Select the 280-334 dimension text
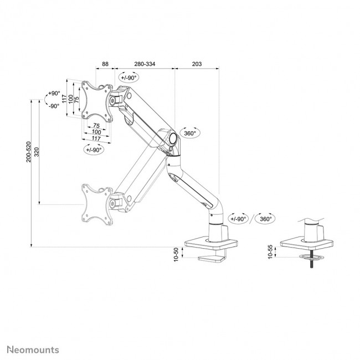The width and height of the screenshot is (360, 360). [x=144, y=64]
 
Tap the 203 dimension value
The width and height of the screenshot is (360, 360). [x=196, y=64]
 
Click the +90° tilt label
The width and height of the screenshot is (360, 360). [x=54, y=94]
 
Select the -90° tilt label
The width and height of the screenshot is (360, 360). [x=54, y=106]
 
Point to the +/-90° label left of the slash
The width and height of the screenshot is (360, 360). [x=239, y=219]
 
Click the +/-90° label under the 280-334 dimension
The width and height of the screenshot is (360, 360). [x=129, y=78]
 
